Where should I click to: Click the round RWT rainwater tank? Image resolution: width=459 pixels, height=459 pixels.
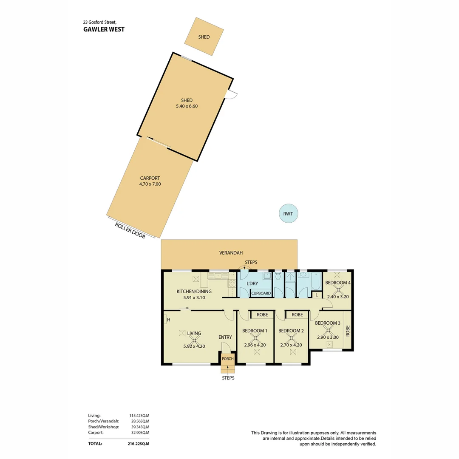click(288, 214)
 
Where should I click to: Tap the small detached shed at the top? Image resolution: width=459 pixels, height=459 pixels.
click(204, 37)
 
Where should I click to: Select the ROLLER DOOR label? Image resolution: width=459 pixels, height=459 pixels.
click(130, 230)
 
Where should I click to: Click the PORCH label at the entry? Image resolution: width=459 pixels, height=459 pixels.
click(228, 359)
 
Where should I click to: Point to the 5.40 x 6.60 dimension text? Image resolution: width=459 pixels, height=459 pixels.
click(187, 106)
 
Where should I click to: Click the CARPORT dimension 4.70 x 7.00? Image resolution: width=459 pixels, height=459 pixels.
click(150, 184)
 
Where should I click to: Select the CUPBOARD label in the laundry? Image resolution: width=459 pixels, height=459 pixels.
click(261, 293)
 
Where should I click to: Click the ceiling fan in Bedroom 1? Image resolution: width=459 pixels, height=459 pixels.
click(255, 339)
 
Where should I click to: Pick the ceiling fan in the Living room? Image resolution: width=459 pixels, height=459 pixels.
click(194, 340)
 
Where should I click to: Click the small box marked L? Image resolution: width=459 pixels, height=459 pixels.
click(317, 295)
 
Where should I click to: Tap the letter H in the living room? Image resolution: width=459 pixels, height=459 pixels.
click(168, 320)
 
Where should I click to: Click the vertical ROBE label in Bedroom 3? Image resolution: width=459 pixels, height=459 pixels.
click(347, 331)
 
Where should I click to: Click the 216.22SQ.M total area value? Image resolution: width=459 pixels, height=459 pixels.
click(139, 443)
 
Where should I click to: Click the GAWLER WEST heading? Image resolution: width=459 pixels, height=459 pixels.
click(104, 29)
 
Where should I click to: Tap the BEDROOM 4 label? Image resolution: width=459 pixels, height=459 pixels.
click(338, 283)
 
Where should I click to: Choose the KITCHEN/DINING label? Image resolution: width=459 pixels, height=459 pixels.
click(194, 292)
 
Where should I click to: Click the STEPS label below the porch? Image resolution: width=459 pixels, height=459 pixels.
click(228, 378)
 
